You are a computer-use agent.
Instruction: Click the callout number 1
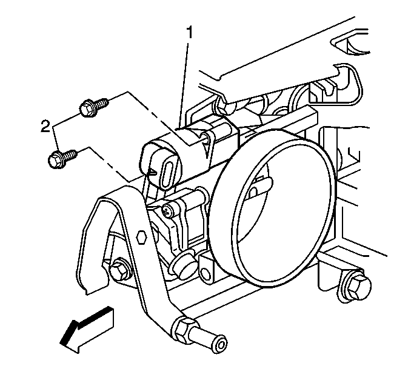tap(189, 33)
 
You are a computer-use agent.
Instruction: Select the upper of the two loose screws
tap(93, 107)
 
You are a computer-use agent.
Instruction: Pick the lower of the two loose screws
tap(62, 158)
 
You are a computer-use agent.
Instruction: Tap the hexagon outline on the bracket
tap(141, 238)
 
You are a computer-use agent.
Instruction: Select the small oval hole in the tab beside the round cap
tap(206, 273)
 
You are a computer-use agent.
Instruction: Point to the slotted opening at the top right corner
tap(351, 45)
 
